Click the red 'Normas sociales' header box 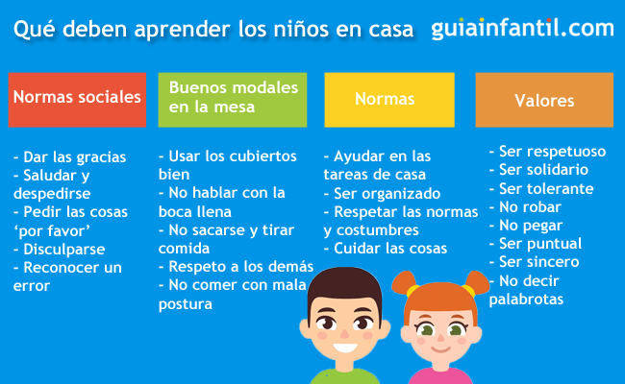tap(77, 99)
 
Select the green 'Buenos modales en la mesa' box tap(235, 99)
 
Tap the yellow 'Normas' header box tap(388, 99)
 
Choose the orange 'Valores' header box tap(544, 100)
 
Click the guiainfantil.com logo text tap(522, 29)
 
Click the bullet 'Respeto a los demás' tap(237, 266)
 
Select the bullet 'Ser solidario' tap(538, 170)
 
